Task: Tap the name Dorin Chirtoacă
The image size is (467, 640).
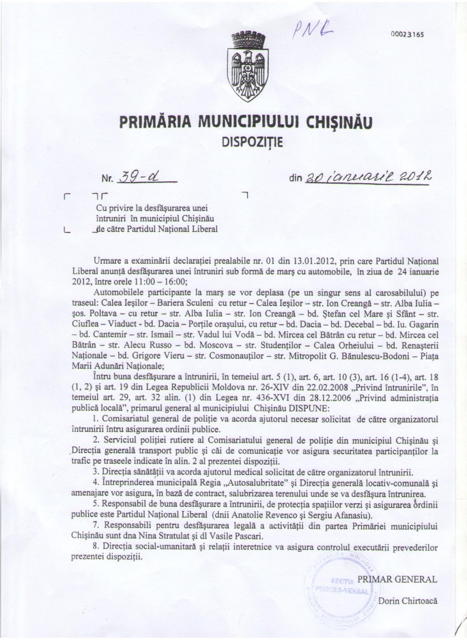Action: tap(408, 601)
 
